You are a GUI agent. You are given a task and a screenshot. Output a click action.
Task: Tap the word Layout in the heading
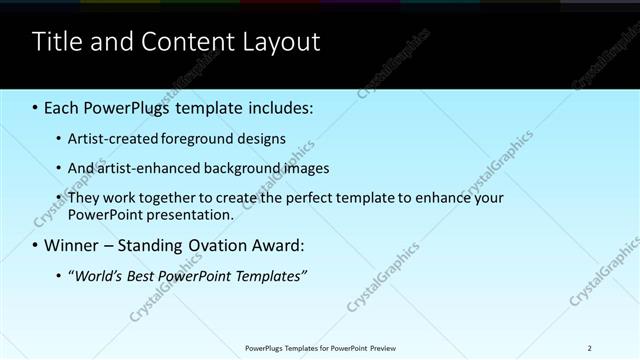[280, 42]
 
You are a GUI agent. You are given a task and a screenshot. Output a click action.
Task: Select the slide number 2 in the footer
[590, 348]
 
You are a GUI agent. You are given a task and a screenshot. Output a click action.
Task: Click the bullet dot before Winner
[36, 245]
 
